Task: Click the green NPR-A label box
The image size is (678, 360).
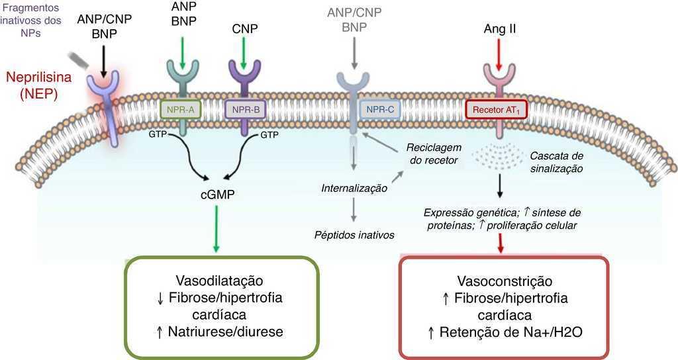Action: click(180, 109)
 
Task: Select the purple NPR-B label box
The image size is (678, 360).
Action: click(245, 109)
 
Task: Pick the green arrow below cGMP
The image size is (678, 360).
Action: click(216, 228)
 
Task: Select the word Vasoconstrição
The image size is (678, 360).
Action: click(505, 281)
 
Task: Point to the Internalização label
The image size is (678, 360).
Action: click(354, 188)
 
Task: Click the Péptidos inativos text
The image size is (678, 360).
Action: click(354, 235)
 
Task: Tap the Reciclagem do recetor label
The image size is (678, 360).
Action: click(434, 154)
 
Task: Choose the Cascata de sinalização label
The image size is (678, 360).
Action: click(557, 162)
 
